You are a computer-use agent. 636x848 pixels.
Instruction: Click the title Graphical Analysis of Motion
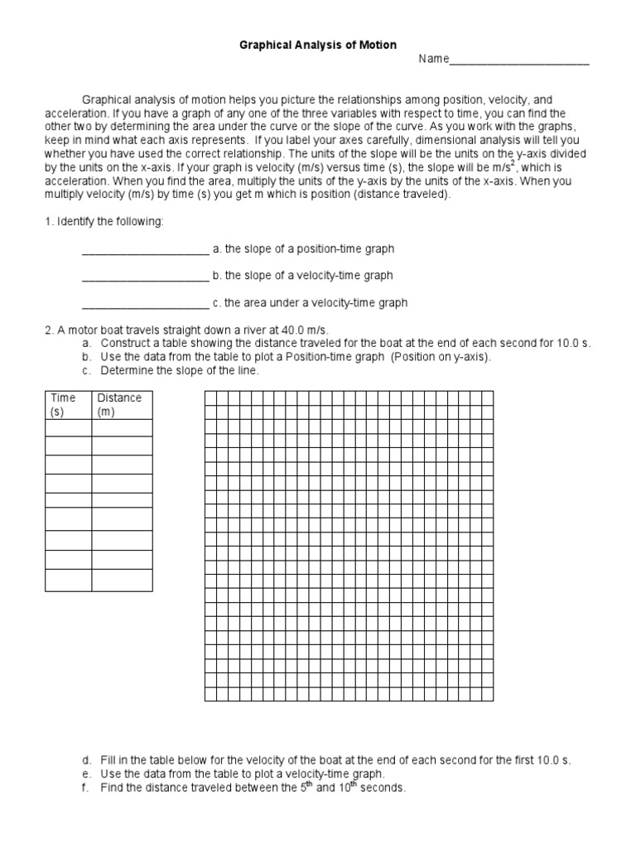pyautogui.click(x=317, y=44)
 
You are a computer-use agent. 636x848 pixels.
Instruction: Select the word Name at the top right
pyautogui.click(x=433, y=59)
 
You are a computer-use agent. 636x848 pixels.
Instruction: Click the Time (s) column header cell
pyautogui.click(x=68, y=404)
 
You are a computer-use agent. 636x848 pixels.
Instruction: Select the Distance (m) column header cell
pyautogui.click(x=121, y=404)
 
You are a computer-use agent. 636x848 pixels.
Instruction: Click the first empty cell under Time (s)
pyautogui.click(x=68, y=427)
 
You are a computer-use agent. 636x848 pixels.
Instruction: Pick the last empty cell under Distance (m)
pyautogui.click(x=121, y=581)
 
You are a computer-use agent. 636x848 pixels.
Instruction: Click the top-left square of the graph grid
pyautogui.click(x=210, y=397)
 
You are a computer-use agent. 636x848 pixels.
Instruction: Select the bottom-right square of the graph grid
pyautogui.click(x=488, y=694)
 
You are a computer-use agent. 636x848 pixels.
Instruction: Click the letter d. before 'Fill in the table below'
pyautogui.click(x=86, y=759)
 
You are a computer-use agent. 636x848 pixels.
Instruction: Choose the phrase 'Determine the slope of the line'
pyautogui.click(x=180, y=370)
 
